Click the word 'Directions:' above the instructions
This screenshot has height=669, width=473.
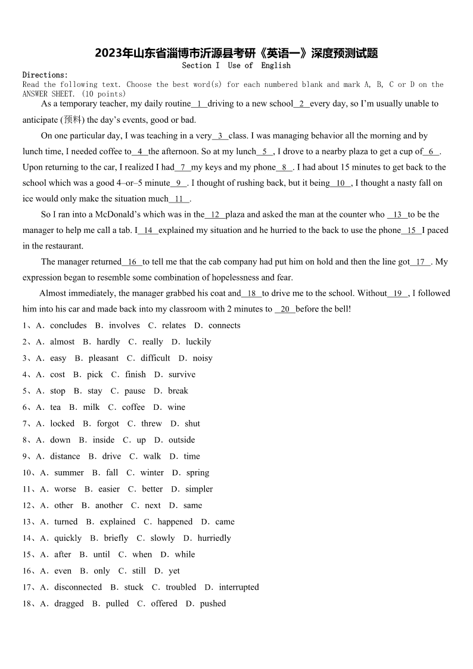(45, 75)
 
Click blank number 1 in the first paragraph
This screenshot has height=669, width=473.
(199, 104)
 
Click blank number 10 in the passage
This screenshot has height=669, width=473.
(341, 183)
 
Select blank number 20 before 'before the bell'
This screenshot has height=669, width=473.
(285, 309)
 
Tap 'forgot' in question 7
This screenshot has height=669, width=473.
(108, 424)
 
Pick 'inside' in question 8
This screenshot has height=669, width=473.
(104, 440)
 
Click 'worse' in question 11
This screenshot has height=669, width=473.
(65, 489)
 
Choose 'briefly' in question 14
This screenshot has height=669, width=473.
(116, 538)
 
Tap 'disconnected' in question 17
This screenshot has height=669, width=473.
(78, 587)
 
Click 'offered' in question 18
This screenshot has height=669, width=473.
(164, 603)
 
